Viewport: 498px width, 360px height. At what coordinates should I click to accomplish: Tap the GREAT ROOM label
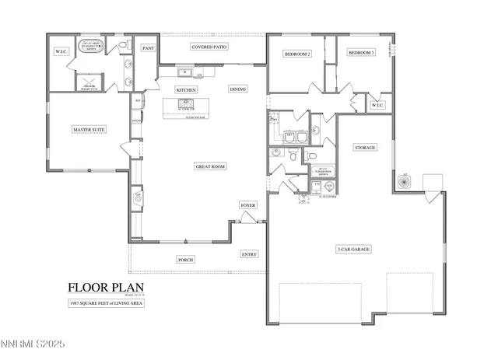click(209, 166)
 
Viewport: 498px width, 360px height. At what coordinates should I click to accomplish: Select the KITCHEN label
click(186, 90)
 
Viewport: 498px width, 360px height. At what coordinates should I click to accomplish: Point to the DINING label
click(238, 89)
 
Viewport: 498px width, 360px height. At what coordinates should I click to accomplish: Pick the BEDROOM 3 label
click(361, 53)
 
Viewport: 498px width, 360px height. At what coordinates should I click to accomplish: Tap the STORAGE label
click(365, 147)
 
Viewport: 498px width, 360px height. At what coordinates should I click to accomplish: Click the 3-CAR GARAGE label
click(352, 250)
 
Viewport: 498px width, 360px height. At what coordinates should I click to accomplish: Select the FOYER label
click(247, 205)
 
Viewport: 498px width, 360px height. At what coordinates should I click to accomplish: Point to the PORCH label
click(185, 260)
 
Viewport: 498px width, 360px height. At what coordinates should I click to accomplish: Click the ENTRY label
click(249, 254)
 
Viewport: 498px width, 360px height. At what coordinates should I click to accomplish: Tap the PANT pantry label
click(148, 48)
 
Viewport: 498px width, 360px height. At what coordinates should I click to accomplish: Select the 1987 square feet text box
click(106, 302)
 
